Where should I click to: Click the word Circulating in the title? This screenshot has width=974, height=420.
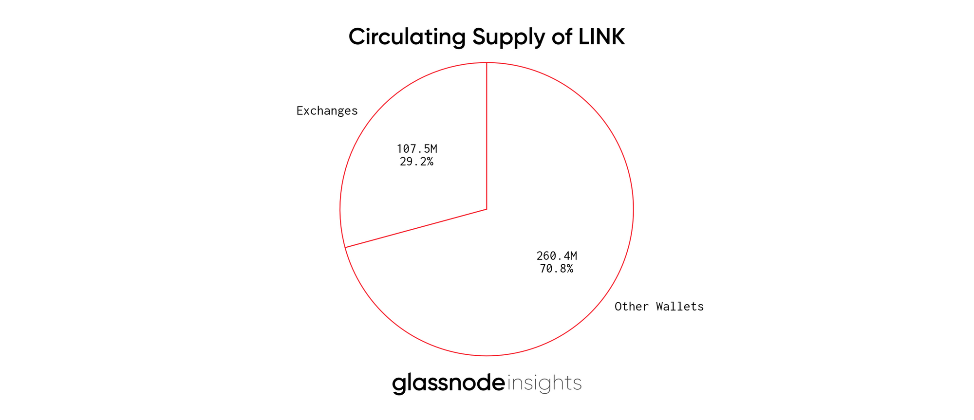click(408, 37)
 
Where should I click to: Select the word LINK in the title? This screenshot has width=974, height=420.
click(601, 37)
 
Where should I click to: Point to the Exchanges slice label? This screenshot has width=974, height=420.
click(327, 111)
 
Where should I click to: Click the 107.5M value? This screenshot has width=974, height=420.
click(416, 149)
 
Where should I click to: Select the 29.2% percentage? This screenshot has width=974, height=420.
click(416, 162)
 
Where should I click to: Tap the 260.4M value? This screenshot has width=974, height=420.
click(557, 256)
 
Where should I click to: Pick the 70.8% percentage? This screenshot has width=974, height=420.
click(557, 269)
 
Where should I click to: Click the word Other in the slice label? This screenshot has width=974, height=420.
click(632, 307)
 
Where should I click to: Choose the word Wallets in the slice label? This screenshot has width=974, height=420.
click(680, 307)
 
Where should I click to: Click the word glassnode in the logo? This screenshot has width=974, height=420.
click(449, 383)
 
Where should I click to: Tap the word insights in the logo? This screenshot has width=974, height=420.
click(544, 383)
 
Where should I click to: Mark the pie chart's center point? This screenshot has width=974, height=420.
click(487, 209)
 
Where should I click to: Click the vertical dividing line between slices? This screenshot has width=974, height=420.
click(487, 136)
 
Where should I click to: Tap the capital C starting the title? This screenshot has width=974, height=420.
click(357, 37)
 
